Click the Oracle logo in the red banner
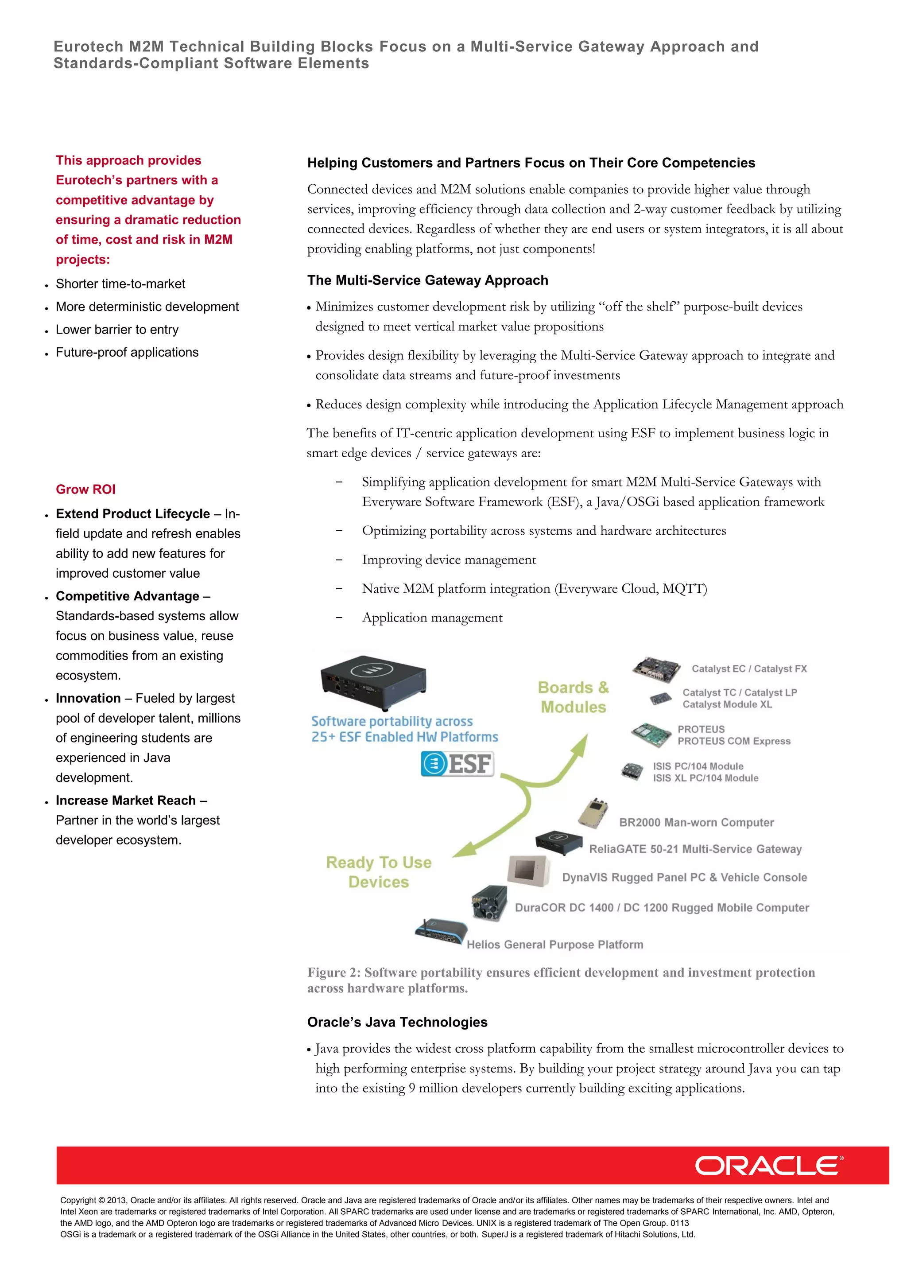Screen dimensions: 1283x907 (x=768, y=1165)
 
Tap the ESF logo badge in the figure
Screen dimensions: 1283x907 (x=457, y=764)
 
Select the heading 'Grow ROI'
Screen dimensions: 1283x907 (x=85, y=490)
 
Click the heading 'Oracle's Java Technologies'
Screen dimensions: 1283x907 (x=397, y=1022)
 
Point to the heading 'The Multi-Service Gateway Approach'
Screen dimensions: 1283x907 (x=427, y=280)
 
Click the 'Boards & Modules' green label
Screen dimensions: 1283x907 (x=573, y=697)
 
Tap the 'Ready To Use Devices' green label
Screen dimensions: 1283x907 (x=379, y=872)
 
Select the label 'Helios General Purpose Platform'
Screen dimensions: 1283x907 (x=554, y=945)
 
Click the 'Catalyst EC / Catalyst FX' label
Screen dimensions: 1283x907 (x=749, y=669)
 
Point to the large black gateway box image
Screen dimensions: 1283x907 (x=373, y=677)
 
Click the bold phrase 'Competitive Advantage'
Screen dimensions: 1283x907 (x=128, y=596)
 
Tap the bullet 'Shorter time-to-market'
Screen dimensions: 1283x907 (x=120, y=284)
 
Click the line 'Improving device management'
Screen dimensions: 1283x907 (x=449, y=560)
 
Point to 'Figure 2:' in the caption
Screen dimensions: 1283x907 (x=333, y=973)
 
